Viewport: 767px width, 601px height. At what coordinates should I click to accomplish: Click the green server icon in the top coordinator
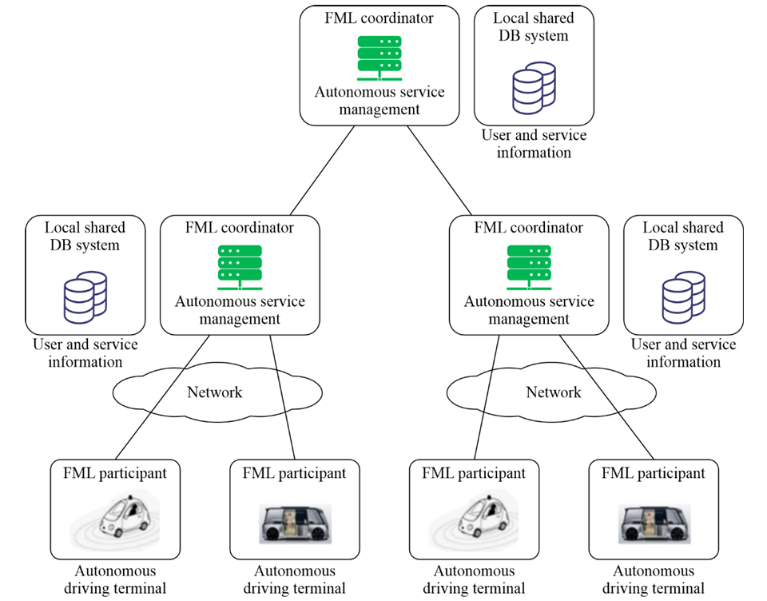click(380, 58)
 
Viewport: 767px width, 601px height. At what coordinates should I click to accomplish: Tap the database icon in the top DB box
click(534, 88)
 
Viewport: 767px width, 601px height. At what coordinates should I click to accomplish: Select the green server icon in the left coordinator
click(240, 267)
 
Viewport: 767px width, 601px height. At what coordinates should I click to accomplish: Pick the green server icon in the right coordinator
click(529, 267)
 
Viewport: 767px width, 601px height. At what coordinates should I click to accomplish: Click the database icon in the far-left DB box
click(85, 297)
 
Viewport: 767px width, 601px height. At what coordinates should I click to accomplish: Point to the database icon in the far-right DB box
click(683, 297)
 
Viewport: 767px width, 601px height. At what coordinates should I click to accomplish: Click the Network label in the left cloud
click(215, 392)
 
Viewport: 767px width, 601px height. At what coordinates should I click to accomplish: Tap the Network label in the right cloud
click(554, 392)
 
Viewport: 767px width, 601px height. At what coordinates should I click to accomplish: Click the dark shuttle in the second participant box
click(295, 524)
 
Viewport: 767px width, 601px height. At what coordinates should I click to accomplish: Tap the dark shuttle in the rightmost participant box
click(654, 524)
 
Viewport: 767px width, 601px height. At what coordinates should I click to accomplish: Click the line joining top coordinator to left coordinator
click(322, 170)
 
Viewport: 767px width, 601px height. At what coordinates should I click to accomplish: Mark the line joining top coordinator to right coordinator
click(439, 170)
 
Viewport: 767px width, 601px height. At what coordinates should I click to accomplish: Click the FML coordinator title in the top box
click(379, 18)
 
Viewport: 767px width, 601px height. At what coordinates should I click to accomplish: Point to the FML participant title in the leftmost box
click(115, 473)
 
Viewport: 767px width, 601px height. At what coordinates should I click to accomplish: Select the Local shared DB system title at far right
click(683, 236)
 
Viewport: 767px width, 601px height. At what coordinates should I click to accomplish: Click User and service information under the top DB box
click(535, 143)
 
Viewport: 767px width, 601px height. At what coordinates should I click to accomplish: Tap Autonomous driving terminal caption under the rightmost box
click(654, 579)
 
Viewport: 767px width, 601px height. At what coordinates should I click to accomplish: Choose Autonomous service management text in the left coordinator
click(240, 310)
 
